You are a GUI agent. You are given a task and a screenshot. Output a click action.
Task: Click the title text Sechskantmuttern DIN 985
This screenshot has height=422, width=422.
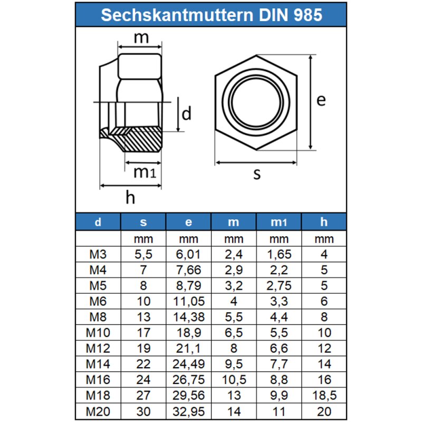click(x=211, y=14)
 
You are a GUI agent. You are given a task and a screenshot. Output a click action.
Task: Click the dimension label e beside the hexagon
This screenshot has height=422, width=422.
click(x=321, y=100)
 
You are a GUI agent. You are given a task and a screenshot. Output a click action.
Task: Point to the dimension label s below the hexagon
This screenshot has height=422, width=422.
click(x=257, y=174)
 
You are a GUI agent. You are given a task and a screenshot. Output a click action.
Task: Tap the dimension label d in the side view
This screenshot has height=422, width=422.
click(x=186, y=113)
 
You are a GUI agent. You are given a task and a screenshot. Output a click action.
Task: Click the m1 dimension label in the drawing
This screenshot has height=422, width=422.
click(x=144, y=171)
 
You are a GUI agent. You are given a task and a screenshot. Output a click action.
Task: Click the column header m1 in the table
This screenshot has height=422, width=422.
click(x=279, y=223)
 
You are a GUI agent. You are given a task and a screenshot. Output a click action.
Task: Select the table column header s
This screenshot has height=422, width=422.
click(x=143, y=223)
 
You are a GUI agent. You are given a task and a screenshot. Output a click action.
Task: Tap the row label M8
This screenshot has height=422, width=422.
click(x=99, y=317)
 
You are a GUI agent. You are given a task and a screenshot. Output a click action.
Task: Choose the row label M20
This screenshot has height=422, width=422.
click(x=99, y=410)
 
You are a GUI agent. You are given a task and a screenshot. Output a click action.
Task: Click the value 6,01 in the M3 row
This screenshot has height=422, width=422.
click(x=189, y=255)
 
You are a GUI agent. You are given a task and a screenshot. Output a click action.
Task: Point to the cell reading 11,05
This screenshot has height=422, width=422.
click(x=189, y=302)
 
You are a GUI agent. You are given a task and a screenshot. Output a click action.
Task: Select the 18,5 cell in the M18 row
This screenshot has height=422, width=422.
click(x=324, y=395)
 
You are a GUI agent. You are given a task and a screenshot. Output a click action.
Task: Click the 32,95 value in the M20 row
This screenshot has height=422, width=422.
click(x=189, y=410)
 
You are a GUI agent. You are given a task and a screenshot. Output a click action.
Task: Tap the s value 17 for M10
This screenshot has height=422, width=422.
click(x=143, y=333)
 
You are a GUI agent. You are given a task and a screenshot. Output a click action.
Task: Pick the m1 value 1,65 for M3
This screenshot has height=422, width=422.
click(x=279, y=255)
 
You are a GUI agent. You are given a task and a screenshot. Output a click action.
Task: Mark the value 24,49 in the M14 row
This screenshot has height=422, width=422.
click(x=189, y=364)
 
